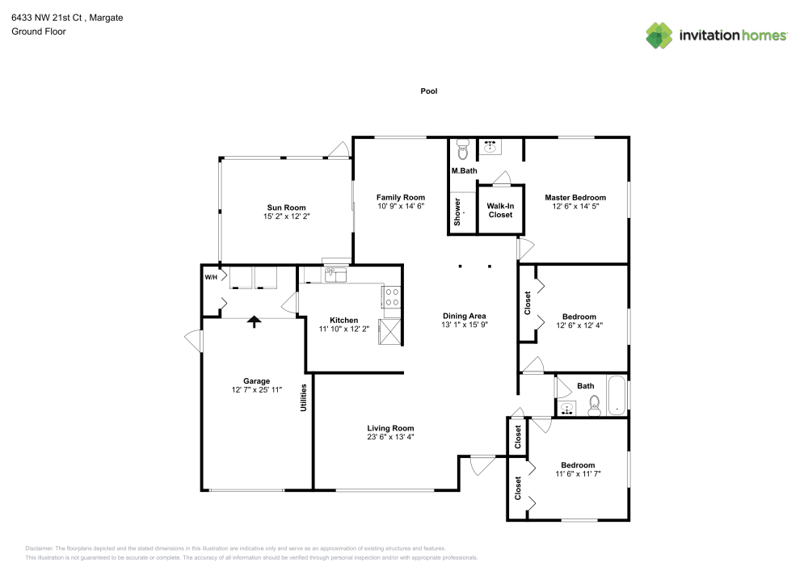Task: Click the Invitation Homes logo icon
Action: [x=659, y=35]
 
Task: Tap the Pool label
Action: [x=428, y=91]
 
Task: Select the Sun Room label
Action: [x=286, y=208]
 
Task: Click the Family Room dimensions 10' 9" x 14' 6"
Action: [x=401, y=207]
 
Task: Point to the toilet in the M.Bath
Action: [x=463, y=150]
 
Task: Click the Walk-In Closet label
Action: [x=500, y=210]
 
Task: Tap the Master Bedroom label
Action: [x=574, y=197]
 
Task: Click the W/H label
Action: [x=211, y=278]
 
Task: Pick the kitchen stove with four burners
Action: [x=391, y=296]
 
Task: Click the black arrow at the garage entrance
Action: [x=255, y=321]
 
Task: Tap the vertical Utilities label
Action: [x=305, y=397]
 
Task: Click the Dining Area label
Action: [x=465, y=315]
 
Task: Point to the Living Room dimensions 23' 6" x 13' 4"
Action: [x=390, y=438]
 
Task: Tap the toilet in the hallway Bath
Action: [x=594, y=404]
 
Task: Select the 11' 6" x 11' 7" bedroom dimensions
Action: [x=578, y=475]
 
